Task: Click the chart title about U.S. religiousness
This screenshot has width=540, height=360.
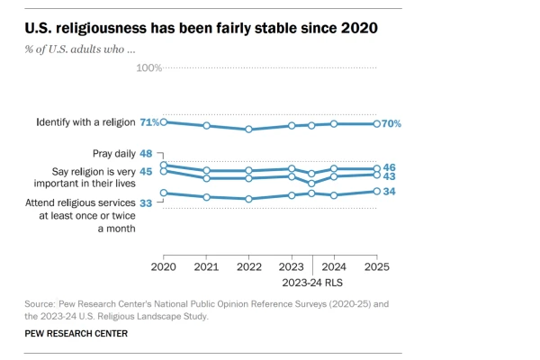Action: coord(200,28)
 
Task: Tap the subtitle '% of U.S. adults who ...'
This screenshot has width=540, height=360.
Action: coord(82,48)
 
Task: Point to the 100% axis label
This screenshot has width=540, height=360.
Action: coord(148,68)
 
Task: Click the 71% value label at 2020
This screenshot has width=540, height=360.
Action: coord(148,121)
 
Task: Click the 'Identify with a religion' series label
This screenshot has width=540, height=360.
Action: coord(85,121)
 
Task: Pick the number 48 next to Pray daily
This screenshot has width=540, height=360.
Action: coord(146,154)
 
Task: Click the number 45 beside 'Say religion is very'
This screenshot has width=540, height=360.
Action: coord(146,171)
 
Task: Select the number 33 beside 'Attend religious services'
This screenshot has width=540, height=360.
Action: coord(146,202)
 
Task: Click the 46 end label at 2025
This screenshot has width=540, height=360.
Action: coord(390,167)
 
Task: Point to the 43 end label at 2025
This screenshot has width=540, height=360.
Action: coord(390,176)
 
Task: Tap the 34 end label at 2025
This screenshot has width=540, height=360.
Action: coord(390,192)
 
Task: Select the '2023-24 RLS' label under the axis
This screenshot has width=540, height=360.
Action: coord(313,282)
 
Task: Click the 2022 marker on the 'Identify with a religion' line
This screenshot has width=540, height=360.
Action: coord(248,130)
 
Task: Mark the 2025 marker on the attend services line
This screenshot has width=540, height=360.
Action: coord(377,192)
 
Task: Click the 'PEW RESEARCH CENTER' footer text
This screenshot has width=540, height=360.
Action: coord(76,334)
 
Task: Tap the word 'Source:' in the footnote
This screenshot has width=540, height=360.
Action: coord(41,304)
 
